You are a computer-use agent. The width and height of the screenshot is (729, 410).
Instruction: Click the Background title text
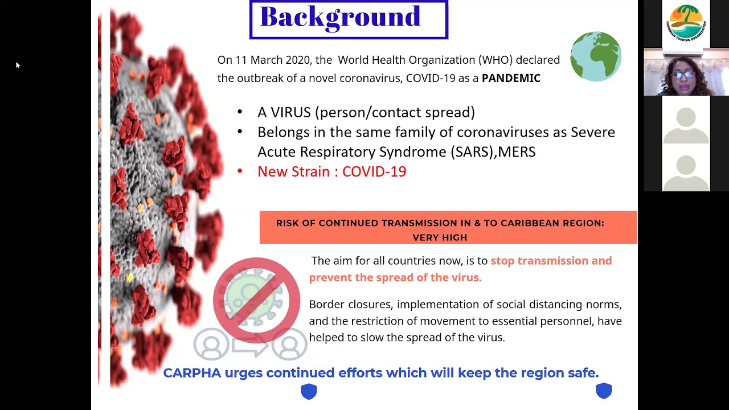tap(341, 17)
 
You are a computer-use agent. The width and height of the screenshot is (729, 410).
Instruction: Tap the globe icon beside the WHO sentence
tap(596, 56)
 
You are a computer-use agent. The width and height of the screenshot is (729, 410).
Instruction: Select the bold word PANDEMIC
tap(511, 78)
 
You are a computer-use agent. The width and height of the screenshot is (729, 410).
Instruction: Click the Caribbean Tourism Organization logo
tap(686, 23)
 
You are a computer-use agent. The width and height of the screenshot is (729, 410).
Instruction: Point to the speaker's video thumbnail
tap(686, 72)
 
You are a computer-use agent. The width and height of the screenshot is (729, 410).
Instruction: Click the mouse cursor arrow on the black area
tap(18, 65)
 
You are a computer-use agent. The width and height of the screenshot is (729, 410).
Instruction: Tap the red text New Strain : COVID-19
tap(331, 171)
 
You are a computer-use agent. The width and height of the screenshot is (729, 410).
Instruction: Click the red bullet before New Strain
tap(240, 171)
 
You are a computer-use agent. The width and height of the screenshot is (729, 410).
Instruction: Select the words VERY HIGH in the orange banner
tap(440, 237)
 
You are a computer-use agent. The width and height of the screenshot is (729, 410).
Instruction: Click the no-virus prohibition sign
tap(256, 300)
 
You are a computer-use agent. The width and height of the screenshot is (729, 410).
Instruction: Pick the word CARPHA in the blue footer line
tap(192, 373)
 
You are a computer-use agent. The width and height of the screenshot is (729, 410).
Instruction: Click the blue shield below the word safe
tap(604, 391)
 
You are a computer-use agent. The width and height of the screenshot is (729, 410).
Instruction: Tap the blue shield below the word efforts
tap(309, 391)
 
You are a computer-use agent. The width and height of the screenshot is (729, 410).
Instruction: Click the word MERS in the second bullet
tap(517, 152)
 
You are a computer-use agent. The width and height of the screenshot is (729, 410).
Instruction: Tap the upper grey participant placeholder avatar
tap(686, 125)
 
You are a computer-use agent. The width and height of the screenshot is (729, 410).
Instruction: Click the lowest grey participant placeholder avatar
tap(686, 173)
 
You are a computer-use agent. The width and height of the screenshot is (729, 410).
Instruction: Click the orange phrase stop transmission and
tap(551, 261)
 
